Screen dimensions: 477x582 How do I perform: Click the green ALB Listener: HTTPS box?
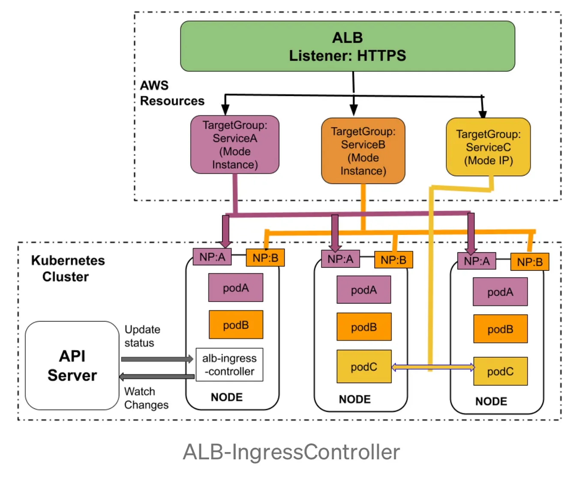(x=347, y=46)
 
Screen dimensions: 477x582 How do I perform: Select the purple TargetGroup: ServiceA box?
(x=235, y=145)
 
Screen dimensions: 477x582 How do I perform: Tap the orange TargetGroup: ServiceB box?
(x=363, y=151)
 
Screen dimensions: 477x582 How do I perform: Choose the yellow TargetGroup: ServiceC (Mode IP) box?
(x=488, y=147)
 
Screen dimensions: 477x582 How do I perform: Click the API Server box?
(x=72, y=366)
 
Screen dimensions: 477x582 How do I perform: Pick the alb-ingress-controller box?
(x=229, y=365)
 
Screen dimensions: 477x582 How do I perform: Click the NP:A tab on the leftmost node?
(x=212, y=257)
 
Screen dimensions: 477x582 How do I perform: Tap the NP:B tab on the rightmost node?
(x=530, y=262)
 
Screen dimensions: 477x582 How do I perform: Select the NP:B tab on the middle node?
(x=393, y=260)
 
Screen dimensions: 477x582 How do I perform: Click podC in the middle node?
(x=364, y=367)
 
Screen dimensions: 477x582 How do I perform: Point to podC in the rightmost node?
(x=500, y=372)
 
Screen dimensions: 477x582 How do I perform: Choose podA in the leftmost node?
(x=236, y=288)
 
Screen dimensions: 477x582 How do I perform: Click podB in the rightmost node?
(x=500, y=329)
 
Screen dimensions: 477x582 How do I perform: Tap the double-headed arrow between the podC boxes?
(x=433, y=367)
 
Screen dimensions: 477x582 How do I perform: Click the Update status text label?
(x=142, y=336)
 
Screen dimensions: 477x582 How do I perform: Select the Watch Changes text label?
(x=146, y=398)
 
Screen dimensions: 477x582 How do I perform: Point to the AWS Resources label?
(x=171, y=93)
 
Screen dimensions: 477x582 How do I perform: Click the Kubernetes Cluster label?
(x=68, y=268)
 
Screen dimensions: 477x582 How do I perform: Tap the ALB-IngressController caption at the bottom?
(x=291, y=452)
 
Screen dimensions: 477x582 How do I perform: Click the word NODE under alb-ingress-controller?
(x=227, y=397)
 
